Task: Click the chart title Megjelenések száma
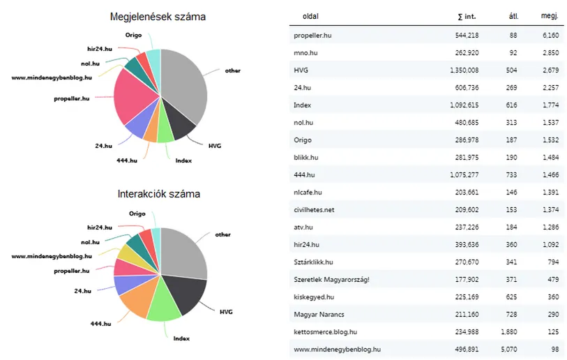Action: pos(158,17)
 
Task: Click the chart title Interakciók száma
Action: pos(158,194)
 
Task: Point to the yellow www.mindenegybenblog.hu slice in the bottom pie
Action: pos(128,253)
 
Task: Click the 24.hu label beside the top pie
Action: pos(103,146)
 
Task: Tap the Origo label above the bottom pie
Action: pos(137,213)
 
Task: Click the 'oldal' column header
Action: pos(310,16)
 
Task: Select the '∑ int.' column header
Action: pos(467,16)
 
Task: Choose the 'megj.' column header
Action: pos(550,16)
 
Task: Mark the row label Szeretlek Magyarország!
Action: pos(332,279)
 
